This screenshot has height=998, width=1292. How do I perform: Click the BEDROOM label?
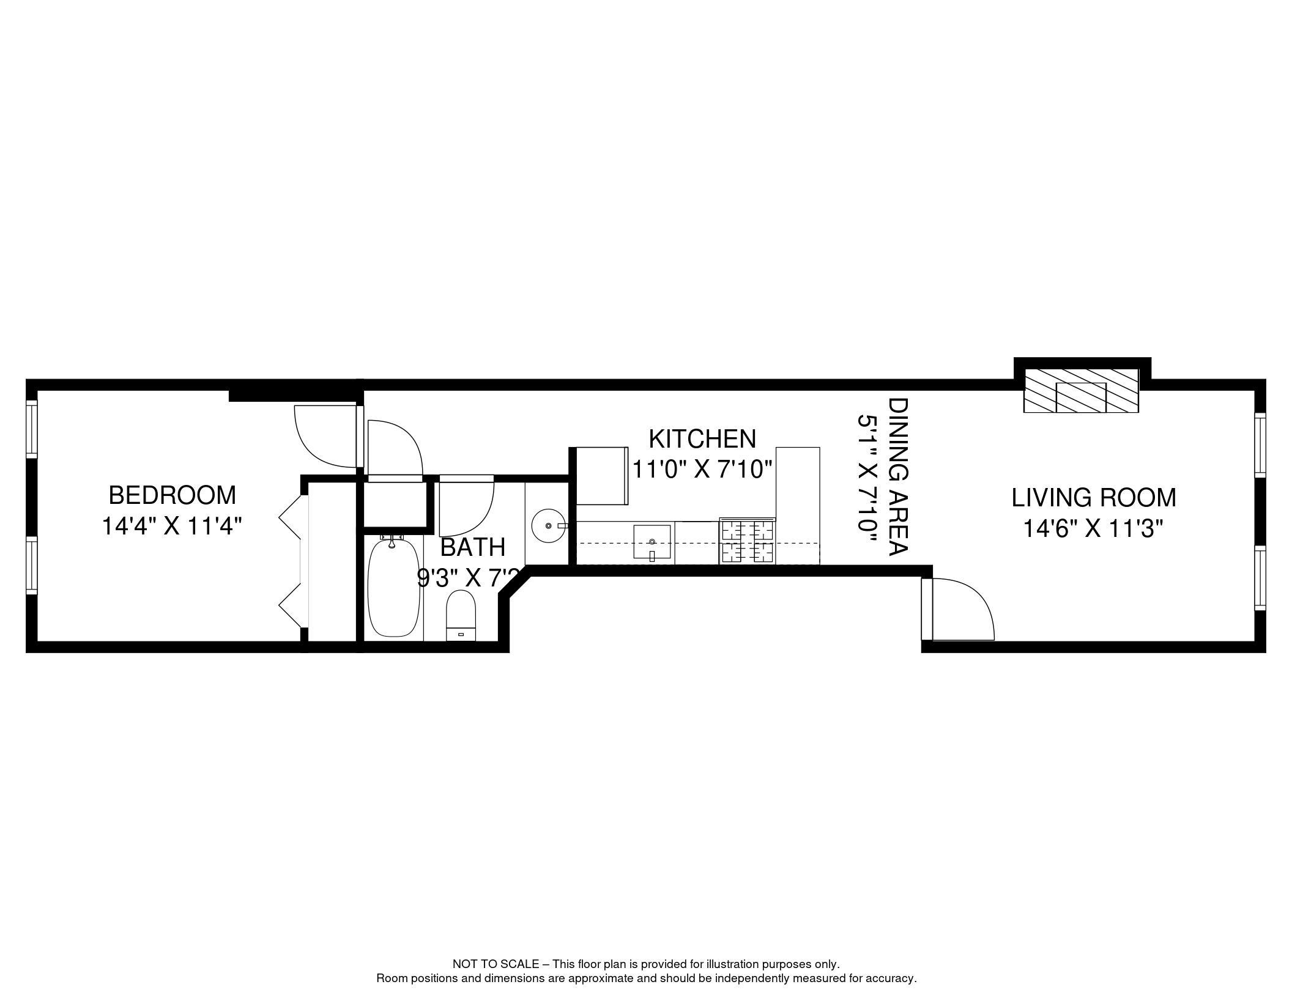pyautogui.click(x=172, y=495)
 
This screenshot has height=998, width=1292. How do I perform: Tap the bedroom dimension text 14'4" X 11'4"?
pyautogui.click(x=172, y=526)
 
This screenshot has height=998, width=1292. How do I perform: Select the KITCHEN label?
pyautogui.click(x=702, y=439)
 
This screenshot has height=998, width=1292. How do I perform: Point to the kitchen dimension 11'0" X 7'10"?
pyautogui.click(x=702, y=470)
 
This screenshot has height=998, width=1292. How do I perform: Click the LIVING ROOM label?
pyautogui.click(x=1094, y=498)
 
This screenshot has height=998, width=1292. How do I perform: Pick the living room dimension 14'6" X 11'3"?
pyautogui.click(x=1094, y=528)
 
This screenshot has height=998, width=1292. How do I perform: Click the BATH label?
pyautogui.click(x=473, y=547)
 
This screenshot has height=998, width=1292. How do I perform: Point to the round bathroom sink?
pyautogui.click(x=548, y=525)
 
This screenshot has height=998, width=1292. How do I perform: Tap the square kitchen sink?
pyautogui.click(x=652, y=542)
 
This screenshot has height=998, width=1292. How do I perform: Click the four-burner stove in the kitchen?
pyautogui.click(x=748, y=541)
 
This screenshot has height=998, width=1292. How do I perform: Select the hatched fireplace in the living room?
pyautogui.click(x=1082, y=391)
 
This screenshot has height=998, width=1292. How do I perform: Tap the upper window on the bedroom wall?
pyautogui.click(x=32, y=428)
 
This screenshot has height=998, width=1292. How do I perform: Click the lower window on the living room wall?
pyautogui.click(x=1260, y=577)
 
